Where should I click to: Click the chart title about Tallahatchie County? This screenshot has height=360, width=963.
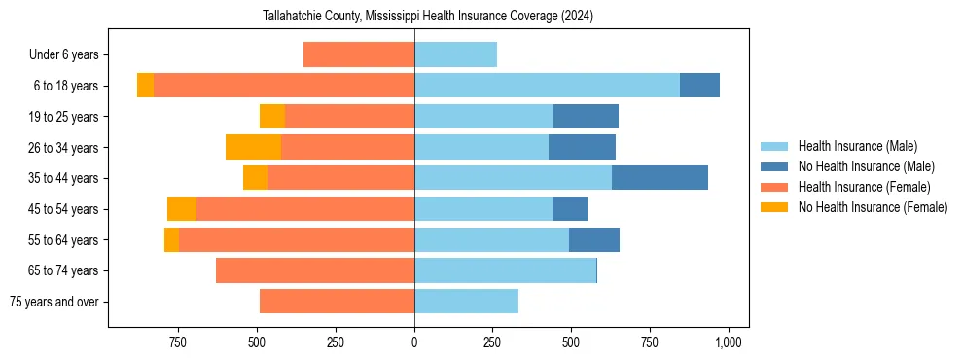[428, 17]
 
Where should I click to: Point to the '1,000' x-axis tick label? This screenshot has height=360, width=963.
[729, 342]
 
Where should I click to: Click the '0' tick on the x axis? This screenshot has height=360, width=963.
[414, 342]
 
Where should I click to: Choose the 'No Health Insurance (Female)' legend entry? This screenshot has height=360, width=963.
[873, 207]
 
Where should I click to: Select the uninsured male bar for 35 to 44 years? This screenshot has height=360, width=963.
[660, 178]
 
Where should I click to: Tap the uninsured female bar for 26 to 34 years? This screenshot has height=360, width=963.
[253, 147]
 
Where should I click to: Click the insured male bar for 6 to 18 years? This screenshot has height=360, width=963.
[547, 86]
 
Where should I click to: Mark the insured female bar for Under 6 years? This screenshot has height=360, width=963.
[359, 54]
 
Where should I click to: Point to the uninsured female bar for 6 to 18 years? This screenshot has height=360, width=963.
[145, 86]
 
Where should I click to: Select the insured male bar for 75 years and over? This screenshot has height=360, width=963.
[466, 302]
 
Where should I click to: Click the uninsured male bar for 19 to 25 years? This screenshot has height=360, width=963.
[586, 117]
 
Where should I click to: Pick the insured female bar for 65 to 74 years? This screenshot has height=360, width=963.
[315, 270]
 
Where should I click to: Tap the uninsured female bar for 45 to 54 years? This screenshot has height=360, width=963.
[182, 209]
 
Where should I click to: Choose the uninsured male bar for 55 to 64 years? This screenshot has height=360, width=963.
[594, 239]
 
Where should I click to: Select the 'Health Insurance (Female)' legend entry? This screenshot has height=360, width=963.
[864, 187]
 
